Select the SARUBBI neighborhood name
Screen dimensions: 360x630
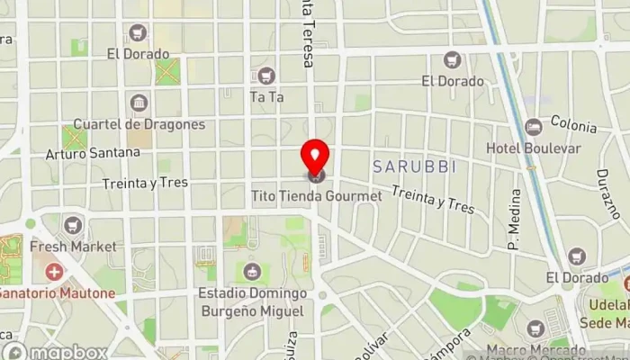click(415, 166)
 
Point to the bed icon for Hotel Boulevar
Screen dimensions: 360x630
click(534, 125)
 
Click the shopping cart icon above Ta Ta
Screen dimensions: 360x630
click(265, 76)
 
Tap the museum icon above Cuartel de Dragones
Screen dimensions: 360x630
click(138, 103)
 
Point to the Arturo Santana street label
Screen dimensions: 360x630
click(94, 153)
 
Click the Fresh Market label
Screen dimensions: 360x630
click(73, 246)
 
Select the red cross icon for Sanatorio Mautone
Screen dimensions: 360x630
click(55, 271)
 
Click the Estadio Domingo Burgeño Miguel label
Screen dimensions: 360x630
click(253, 301)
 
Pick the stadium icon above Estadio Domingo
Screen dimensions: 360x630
click(252, 270)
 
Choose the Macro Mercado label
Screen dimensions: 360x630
click(536, 349)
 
